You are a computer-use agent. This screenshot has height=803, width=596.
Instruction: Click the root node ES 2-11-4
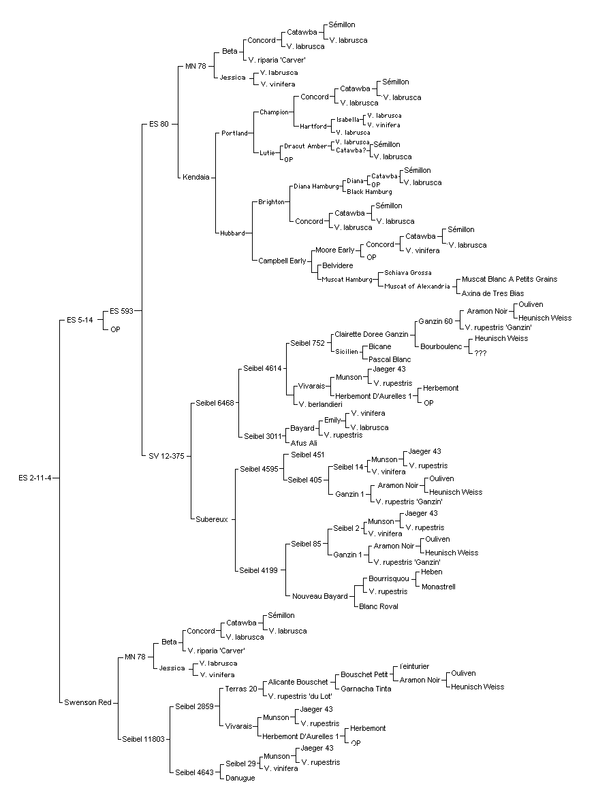click(x=35, y=478)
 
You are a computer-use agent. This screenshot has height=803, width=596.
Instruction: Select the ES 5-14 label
click(x=80, y=320)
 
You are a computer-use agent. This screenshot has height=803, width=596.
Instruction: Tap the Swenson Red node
click(x=88, y=702)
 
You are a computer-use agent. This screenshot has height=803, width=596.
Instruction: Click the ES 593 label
click(x=121, y=311)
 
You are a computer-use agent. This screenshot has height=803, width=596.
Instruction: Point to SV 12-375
click(x=167, y=456)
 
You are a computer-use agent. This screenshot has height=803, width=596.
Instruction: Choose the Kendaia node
click(x=196, y=177)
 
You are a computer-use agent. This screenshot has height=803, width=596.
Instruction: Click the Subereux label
click(x=212, y=519)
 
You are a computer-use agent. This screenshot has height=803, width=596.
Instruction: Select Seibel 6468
click(x=215, y=403)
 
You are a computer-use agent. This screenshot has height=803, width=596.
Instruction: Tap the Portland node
click(x=235, y=133)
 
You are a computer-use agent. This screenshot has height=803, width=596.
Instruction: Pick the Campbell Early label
click(x=282, y=261)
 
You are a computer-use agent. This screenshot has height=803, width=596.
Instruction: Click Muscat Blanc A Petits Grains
click(x=509, y=279)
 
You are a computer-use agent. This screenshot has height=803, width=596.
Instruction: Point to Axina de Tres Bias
click(x=493, y=293)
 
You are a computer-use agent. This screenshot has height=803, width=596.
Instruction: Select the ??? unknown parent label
click(x=481, y=353)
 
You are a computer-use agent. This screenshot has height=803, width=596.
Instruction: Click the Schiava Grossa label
click(x=408, y=273)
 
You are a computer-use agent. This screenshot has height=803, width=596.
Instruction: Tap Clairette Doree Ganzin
click(x=371, y=334)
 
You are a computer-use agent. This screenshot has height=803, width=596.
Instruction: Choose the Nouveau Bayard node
click(x=319, y=596)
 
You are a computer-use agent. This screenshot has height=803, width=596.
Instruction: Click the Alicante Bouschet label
click(x=298, y=682)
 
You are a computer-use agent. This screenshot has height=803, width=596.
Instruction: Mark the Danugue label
click(x=240, y=778)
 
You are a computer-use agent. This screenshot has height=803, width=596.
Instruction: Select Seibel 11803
click(x=144, y=739)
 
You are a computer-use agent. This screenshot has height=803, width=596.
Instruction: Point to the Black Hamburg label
click(x=369, y=192)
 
